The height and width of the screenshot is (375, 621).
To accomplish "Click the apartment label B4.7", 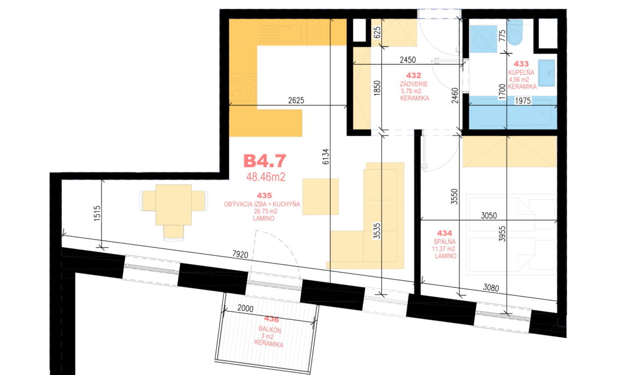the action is pos(264,161).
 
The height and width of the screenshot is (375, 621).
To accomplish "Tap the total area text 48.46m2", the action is pos(266,177).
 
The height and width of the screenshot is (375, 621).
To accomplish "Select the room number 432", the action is pos(413,76).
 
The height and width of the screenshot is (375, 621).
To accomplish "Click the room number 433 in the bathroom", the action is pos(521,64).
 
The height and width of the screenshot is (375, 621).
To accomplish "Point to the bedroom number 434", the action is pos(444,234).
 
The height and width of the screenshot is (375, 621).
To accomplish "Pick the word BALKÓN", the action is pos(270,329).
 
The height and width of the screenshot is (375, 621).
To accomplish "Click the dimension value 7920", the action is pos(240,254).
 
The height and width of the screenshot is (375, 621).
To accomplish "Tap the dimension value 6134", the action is pos(325,156).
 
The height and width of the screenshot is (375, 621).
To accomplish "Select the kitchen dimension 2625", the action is pos(296,100).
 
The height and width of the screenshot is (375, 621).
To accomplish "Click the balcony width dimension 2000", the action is pos(246,308).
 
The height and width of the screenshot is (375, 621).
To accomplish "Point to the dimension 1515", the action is pos(97,213).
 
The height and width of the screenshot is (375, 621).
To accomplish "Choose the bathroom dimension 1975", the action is pos(522,101).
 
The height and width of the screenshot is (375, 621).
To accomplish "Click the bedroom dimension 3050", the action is pos(489,216).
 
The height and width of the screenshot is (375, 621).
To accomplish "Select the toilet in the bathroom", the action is pos(514,33).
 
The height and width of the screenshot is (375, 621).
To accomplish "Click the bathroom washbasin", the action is pos(547,73).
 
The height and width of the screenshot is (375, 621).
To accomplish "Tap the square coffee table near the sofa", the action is pos(320,197).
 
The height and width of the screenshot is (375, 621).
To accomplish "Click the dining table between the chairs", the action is pos(173,205).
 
